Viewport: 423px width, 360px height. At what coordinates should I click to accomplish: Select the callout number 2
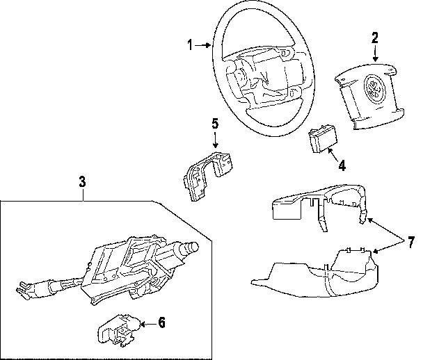click(375, 37)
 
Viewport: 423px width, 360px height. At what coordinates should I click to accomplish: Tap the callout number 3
click(82, 183)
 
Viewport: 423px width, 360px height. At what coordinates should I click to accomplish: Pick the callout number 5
click(215, 124)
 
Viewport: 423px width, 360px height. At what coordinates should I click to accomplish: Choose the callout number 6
click(161, 322)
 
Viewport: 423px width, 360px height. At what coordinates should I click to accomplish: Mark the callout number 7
click(411, 243)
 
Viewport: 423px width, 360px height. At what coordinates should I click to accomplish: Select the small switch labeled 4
click(322, 141)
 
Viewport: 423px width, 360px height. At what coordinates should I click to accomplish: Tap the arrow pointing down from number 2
click(375, 54)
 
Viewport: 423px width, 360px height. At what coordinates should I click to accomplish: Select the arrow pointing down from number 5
click(215, 140)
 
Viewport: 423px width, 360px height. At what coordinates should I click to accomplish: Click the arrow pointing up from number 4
click(332, 154)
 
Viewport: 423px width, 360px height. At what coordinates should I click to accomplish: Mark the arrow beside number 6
click(147, 322)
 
